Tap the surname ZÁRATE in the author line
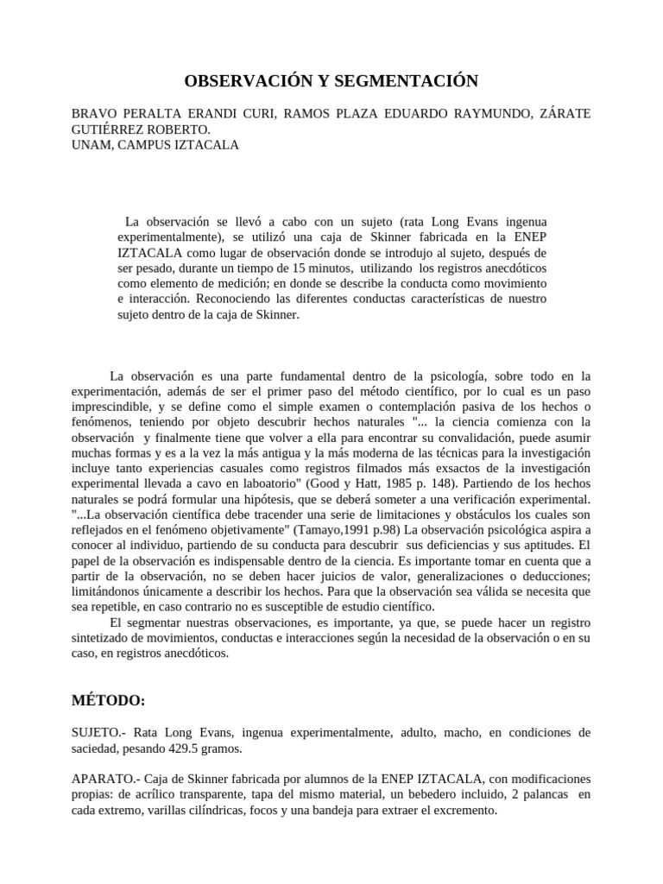[x=563, y=115]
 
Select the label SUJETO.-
[x=102, y=732]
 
